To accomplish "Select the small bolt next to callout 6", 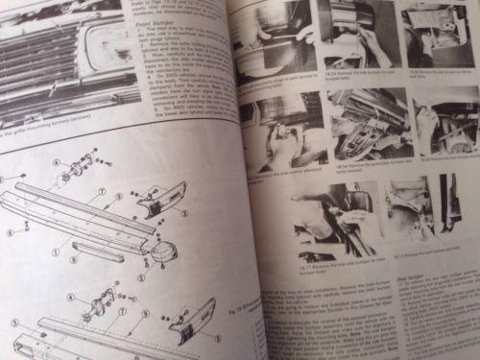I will [x=24, y=226].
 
